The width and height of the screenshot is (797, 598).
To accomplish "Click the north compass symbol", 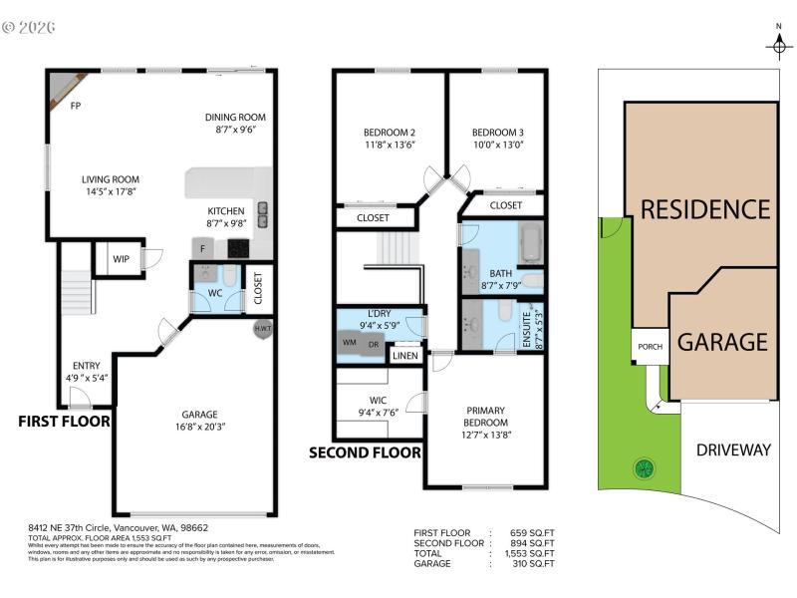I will pyautogui.click(x=778, y=45).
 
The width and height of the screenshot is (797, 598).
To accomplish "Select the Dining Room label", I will pyautogui.click(x=235, y=117).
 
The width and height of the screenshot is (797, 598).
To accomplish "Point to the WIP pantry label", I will pyautogui.click(x=120, y=259).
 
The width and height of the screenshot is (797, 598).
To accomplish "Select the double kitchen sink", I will pyautogui.click(x=263, y=210).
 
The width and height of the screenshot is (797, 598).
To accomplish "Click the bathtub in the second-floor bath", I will pyautogui.click(x=528, y=242).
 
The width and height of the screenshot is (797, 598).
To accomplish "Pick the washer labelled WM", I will pyautogui.click(x=349, y=343).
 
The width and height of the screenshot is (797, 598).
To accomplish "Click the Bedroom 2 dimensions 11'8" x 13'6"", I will pyautogui.click(x=390, y=144).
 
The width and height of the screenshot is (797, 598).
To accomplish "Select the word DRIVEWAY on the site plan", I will pyautogui.click(x=732, y=450).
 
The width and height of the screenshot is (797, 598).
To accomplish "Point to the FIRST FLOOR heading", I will pyautogui.click(x=64, y=422).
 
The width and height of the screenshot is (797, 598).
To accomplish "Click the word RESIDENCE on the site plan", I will pyautogui.click(x=704, y=209).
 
